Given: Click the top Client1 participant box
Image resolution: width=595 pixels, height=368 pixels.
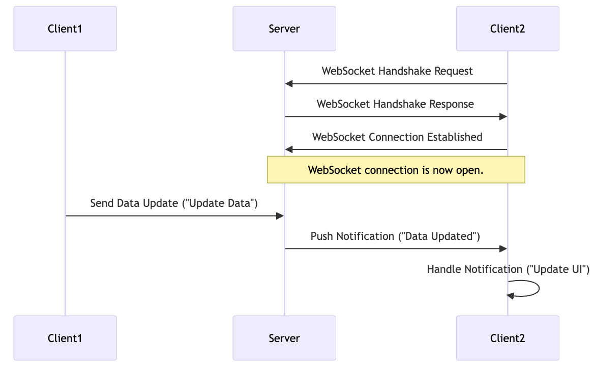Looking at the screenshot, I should point(65,28).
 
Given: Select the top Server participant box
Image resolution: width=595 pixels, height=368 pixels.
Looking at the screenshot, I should point(284,28).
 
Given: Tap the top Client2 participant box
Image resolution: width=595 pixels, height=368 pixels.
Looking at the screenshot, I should point(507,28).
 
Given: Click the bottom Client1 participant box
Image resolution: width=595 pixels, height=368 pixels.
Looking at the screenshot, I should point(65,338).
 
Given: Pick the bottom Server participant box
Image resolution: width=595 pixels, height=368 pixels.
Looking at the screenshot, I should point(284,338).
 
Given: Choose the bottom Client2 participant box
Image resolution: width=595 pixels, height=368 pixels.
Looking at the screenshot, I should point(507,338).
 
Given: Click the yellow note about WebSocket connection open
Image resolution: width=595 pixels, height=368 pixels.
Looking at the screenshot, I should point(396,170).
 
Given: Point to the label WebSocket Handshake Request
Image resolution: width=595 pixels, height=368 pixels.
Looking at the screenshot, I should point(397,71).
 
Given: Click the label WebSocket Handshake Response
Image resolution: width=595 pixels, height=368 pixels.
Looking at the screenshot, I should point(395,104).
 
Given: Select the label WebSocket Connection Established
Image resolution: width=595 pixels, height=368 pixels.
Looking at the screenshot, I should point(397,137).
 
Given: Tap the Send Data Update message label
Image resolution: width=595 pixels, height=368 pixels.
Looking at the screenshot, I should point(174,203).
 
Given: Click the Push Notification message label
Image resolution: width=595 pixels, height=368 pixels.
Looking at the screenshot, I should point(395,236).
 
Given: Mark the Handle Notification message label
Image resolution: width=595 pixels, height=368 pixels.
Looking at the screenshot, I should point(508,269).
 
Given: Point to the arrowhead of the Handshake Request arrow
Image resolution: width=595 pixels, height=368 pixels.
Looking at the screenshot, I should point(288,83).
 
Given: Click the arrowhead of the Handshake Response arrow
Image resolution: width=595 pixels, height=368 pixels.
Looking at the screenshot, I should point(503,116).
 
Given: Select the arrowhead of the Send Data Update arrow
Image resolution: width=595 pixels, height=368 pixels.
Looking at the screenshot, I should point(280,216).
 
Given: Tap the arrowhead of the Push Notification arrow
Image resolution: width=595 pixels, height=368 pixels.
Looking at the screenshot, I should point(503,249).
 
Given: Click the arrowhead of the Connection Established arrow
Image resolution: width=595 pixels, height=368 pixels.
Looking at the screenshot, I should point(288,149).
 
